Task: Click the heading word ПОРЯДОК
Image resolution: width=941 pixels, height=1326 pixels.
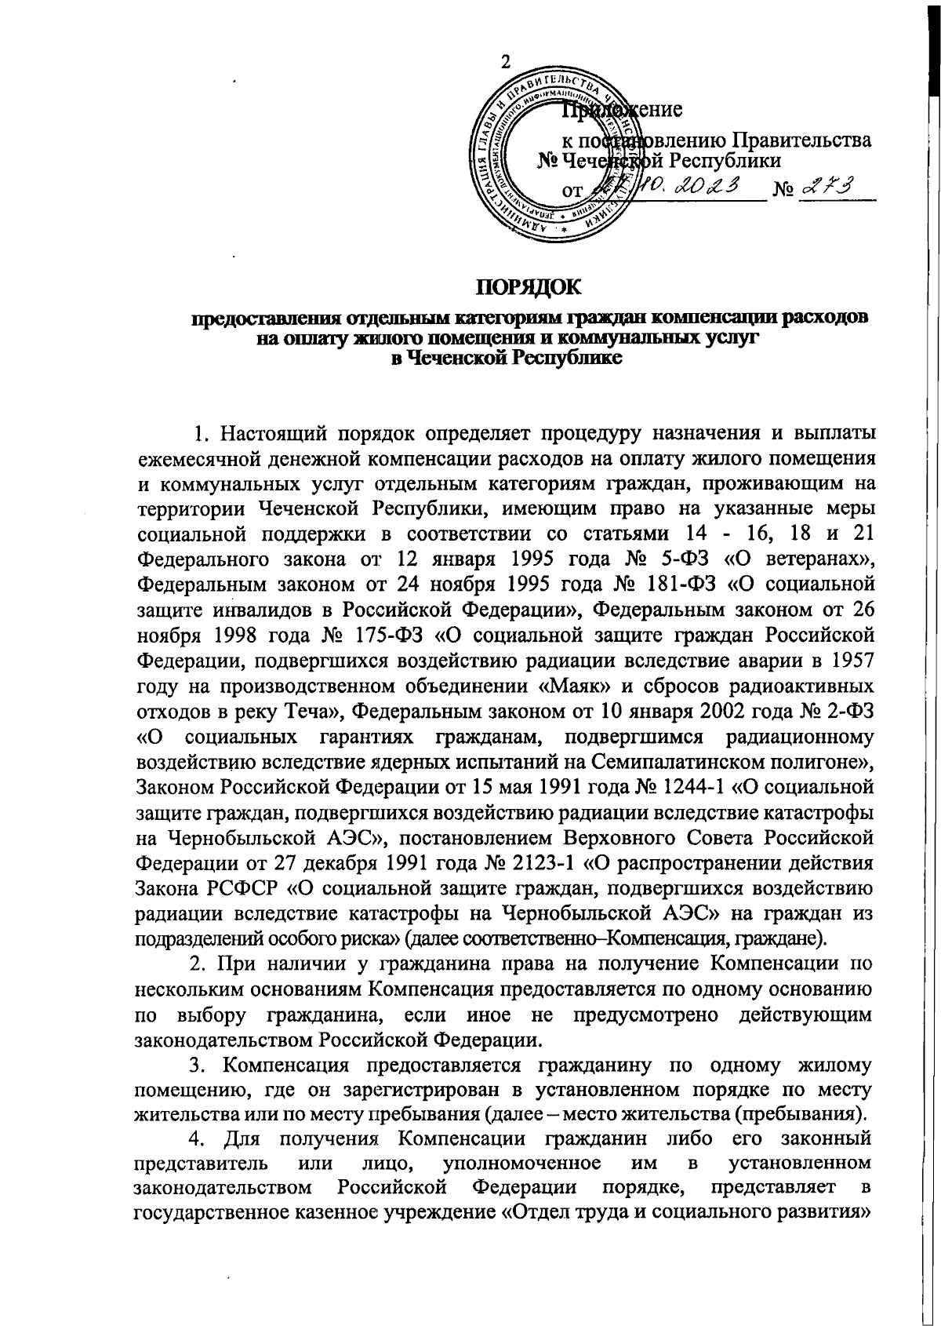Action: point(530,288)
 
